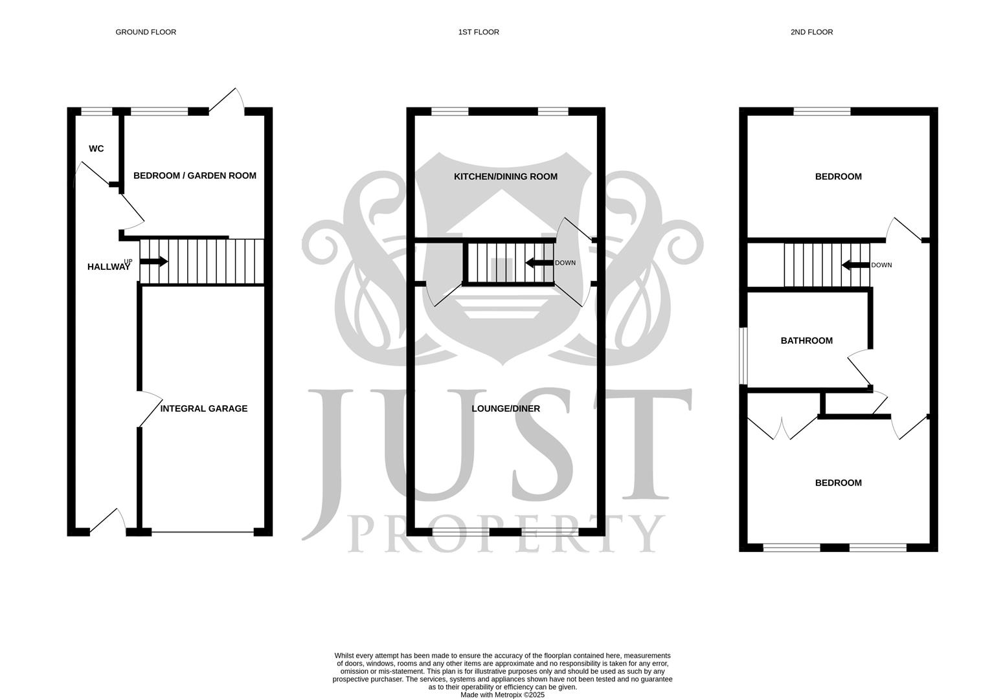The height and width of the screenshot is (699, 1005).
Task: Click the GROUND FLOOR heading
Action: click(146, 32)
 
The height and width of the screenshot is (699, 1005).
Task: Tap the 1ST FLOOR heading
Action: click(479, 32)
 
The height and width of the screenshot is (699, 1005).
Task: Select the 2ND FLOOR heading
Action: click(811, 32)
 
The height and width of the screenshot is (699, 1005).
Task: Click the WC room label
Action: click(96, 149)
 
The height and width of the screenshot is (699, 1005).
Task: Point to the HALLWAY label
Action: click(108, 267)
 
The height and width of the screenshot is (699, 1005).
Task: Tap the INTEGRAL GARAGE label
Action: click(203, 408)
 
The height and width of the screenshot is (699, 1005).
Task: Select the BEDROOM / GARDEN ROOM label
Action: click(194, 175)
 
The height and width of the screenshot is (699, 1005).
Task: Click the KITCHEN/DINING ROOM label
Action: click(505, 177)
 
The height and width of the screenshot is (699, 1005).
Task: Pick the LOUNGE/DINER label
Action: click(505, 408)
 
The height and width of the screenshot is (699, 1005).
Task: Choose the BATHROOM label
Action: click(806, 340)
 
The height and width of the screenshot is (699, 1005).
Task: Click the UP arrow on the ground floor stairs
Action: click(154, 261)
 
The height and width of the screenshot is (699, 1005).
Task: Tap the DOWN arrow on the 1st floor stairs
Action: click(539, 263)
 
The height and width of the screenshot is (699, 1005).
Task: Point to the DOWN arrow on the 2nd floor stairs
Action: click(855, 265)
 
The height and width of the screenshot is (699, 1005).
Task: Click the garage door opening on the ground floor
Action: click(203, 532)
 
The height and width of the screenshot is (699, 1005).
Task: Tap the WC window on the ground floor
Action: click(96, 111)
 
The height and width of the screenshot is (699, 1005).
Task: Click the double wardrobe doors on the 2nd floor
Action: click(783, 428)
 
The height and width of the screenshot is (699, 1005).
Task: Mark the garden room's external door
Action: click(227, 104)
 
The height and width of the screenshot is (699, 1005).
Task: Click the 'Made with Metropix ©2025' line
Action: click(502, 695)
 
